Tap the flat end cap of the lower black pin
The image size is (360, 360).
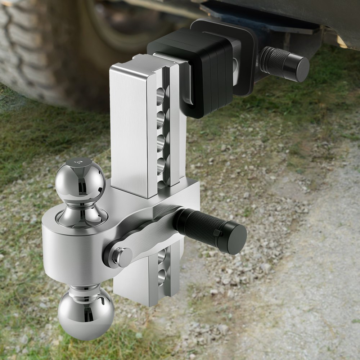(x=235, y=238)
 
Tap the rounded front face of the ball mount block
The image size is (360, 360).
(x=65, y=252)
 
